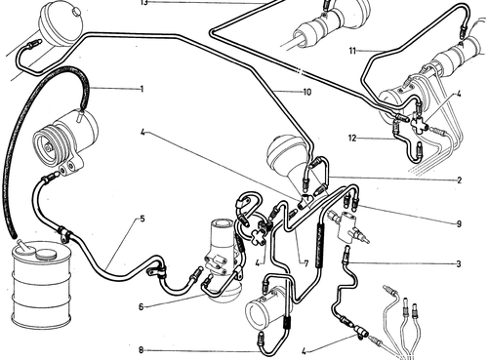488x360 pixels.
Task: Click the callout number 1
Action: [142, 89]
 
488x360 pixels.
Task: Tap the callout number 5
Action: [142, 219]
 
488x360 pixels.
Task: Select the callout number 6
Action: [141, 307]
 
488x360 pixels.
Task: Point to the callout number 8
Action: [141, 350]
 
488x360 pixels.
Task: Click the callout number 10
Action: [307, 92]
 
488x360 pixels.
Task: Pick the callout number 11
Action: [352, 51]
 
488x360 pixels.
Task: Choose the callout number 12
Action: [352, 139]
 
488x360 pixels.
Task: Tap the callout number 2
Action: [459, 180]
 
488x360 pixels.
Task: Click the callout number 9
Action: [459, 223]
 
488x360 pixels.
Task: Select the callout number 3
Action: [459, 263]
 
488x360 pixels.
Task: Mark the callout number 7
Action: [305, 263]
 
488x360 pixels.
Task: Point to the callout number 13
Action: [144, 3]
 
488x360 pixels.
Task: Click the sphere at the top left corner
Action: [61, 23]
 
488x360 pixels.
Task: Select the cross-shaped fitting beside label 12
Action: [417, 123]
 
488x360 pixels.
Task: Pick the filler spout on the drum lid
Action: [22, 246]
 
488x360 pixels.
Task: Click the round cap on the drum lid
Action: [45, 254]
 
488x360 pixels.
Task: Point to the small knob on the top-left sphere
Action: [77, 12]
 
